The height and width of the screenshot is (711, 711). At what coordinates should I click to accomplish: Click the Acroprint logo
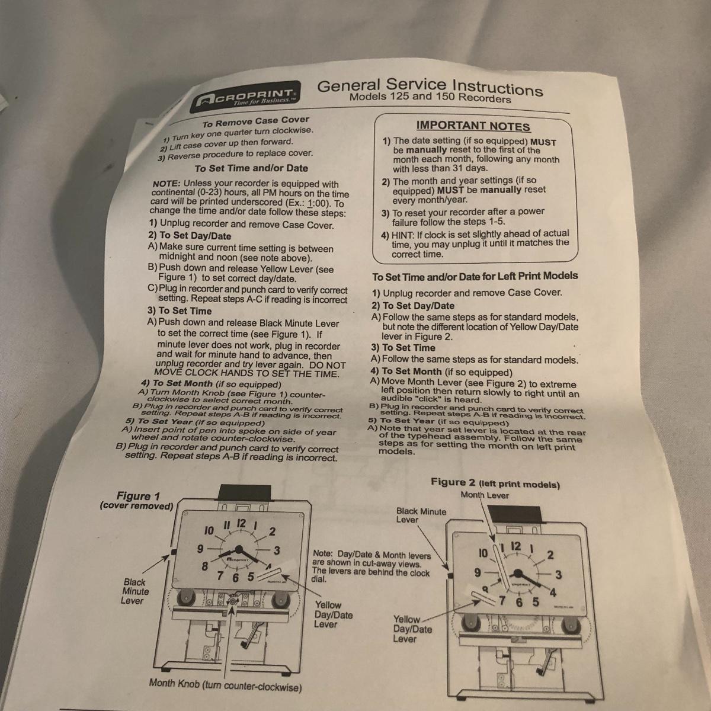[245, 97]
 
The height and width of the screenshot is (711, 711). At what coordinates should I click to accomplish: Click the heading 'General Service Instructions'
[430, 87]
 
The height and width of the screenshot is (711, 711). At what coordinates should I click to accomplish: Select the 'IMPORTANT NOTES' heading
[473, 126]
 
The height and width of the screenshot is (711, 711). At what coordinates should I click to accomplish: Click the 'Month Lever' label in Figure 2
[485, 495]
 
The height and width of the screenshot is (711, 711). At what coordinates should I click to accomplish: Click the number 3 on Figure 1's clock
[277, 550]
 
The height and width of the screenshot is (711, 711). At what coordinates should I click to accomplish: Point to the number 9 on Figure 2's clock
[478, 572]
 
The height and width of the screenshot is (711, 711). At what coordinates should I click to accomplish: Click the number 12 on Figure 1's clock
[241, 523]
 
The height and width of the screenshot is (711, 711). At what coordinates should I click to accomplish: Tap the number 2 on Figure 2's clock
[550, 555]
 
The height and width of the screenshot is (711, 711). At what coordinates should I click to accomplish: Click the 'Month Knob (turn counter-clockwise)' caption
[225, 685]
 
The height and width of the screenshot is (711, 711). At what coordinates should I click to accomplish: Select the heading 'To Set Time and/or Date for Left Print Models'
[475, 276]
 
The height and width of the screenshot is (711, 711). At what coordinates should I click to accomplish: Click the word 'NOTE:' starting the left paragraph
[166, 183]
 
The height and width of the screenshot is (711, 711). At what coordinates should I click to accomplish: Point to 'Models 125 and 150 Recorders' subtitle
[430, 97]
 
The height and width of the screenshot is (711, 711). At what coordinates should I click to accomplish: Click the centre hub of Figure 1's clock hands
[239, 550]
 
